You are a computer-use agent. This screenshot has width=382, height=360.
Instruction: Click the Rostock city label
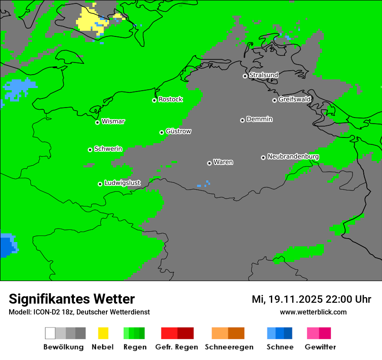pyautogui.click(x=170, y=99)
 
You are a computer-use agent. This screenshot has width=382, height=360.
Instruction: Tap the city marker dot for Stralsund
pyautogui.click(x=245, y=76)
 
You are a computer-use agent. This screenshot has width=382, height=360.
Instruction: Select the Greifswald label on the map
pyautogui.click(x=294, y=99)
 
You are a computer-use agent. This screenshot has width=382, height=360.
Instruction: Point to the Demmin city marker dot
pyautogui.click(x=242, y=120)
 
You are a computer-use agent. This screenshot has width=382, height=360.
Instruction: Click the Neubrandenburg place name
pyautogui.click(x=293, y=157)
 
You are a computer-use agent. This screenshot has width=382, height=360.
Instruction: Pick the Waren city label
pyautogui.click(x=223, y=162)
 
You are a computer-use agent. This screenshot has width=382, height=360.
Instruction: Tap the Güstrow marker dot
pyautogui.click(x=161, y=132)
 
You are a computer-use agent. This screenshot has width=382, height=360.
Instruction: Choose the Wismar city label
pyautogui.click(x=113, y=121)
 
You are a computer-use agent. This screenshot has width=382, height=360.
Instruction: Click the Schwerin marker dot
pyautogui.click(x=90, y=150)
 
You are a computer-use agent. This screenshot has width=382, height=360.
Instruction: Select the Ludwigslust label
pyautogui.click(x=122, y=183)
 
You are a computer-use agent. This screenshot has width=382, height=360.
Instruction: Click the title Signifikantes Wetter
pyautogui.click(x=72, y=299)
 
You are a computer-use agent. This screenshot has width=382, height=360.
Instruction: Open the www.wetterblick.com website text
pyautogui.click(x=313, y=312)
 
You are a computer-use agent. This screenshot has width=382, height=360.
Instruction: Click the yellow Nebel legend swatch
pyautogui.click(x=103, y=333)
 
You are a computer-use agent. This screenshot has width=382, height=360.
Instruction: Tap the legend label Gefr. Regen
pyautogui.click(x=177, y=347)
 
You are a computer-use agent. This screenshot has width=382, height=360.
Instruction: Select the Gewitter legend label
pyautogui.click(x=320, y=347)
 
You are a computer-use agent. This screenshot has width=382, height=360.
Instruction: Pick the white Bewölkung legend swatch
pyautogui.click(x=50, y=333)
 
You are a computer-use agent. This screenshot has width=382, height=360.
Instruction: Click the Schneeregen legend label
pyautogui.click(x=229, y=347)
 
